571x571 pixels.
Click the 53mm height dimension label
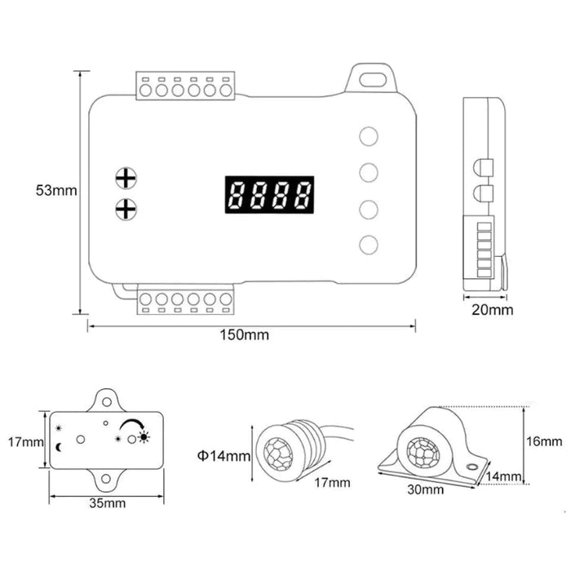coord(55,191)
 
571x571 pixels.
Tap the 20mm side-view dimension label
coord(493,309)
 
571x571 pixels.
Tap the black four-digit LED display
coord(270,195)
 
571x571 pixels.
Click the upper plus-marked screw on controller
coord(125,178)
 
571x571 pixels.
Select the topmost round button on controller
coord(369,136)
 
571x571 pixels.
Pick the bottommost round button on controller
coord(369,244)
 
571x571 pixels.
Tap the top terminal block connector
coord(185,86)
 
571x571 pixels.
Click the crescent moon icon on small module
coord(60,447)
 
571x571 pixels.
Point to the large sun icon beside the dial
coord(144,437)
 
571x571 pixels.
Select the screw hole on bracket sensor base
coord(469,467)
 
